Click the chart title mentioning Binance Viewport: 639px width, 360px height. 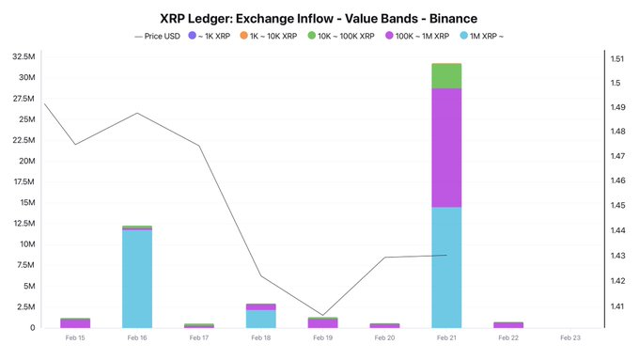[319, 17]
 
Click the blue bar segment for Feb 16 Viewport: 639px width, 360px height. [137, 278]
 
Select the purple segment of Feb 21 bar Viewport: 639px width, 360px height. [446, 148]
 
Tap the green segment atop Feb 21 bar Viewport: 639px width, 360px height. [446, 75]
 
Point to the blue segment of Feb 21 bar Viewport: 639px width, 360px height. [446, 267]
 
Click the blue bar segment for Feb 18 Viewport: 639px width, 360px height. [261, 319]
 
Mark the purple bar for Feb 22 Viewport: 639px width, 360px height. [508, 324]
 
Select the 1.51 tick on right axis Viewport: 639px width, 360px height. [617, 58]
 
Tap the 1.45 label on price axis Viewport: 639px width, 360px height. [617, 206]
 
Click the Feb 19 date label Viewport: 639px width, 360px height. [323, 337]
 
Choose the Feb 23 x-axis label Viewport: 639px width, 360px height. [569, 337]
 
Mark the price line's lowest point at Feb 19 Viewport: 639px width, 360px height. [322, 315]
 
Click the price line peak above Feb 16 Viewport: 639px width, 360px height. [137, 114]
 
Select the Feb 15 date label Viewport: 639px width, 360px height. [75, 337]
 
